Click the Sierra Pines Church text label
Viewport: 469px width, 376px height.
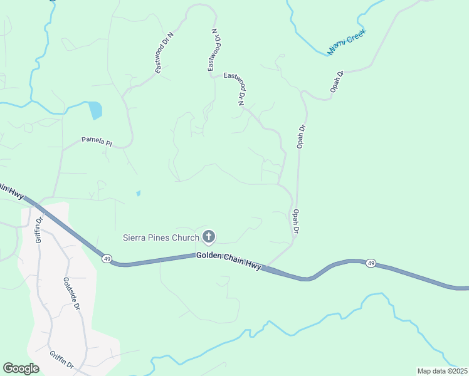click(x=160, y=238)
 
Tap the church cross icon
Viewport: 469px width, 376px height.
click(x=209, y=237)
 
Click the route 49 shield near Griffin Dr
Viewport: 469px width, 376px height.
click(x=107, y=258)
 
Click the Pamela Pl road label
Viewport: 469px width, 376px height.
click(x=96, y=142)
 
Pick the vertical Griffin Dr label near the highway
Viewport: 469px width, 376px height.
click(x=39, y=229)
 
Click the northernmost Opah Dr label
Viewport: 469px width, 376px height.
click(x=337, y=81)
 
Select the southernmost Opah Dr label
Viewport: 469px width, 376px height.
click(x=295, y=222)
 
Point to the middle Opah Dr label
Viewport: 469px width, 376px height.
click(x=301, y=137)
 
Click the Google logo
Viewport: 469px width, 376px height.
click(x=21, y=368)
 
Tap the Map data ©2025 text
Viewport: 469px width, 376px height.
click(x=442, y=371)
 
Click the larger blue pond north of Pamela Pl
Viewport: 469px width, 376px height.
click(x=95, y=110)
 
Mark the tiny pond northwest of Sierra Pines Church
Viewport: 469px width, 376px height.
click(x=138, y=193)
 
